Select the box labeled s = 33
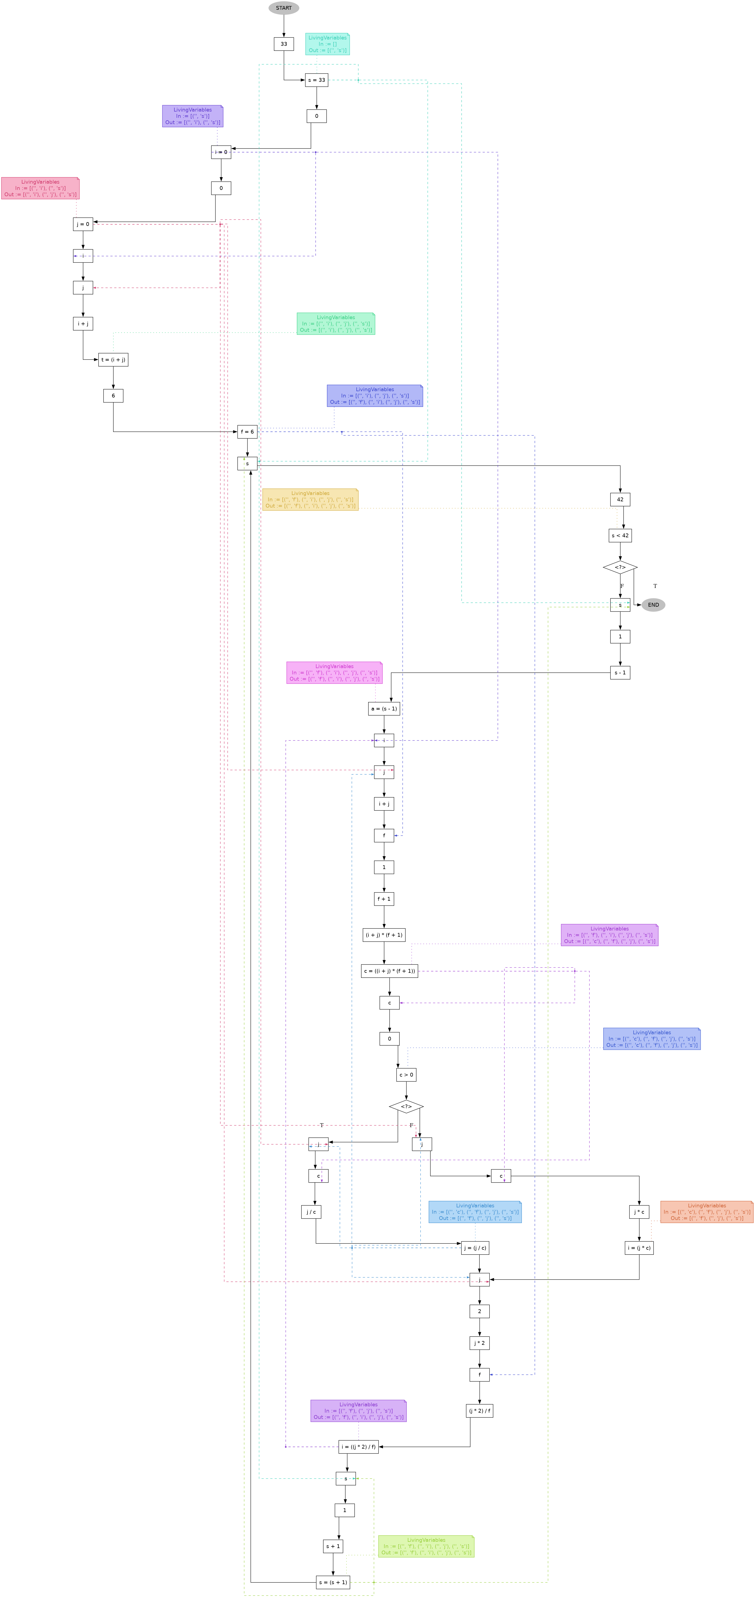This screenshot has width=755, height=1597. point(316,80)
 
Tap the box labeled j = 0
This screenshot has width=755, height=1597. point(83,224)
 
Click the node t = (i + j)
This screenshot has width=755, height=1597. point(113,359)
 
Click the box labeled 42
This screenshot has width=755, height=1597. point(620,499)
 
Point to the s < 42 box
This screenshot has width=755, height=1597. point(620,535)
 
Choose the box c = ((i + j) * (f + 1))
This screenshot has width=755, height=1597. point(389,971)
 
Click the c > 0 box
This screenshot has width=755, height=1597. point(406,1074)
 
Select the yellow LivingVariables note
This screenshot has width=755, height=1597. point(310,499)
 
